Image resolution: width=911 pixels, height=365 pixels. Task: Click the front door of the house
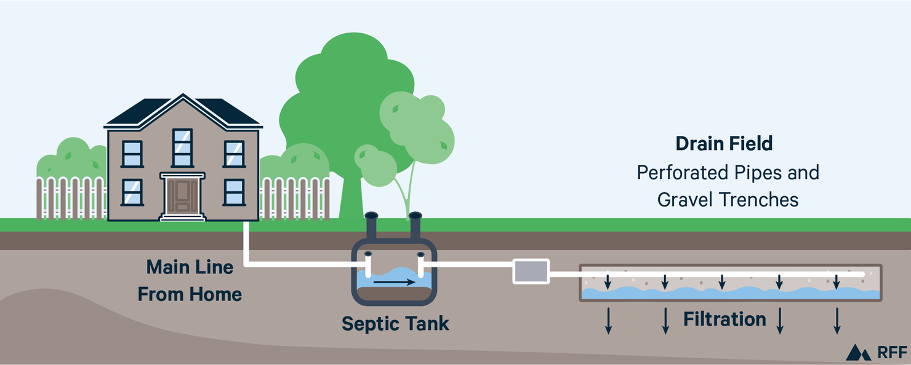pos(182,196)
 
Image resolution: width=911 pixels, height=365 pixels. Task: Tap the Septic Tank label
pos(395,323)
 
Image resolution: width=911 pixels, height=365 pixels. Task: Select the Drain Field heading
pos(724,144)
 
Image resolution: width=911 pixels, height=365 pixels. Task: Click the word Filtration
pos(724,320)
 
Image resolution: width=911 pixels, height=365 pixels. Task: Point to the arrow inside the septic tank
pos(394,283)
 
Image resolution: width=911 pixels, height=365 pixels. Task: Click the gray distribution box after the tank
pos(531,271)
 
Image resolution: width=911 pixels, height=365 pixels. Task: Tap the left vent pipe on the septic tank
pos(371,227)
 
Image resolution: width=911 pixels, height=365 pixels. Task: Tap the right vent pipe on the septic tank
pos(415,227)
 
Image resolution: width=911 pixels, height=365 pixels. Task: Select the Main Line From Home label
pos(190,281)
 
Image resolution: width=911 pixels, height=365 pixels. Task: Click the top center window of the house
pos(182,147)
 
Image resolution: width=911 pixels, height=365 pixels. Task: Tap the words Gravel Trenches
pos(728,200)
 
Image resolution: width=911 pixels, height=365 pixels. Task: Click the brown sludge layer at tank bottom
pos(394,294)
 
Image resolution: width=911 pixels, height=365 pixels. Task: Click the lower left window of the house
pos(132,192)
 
